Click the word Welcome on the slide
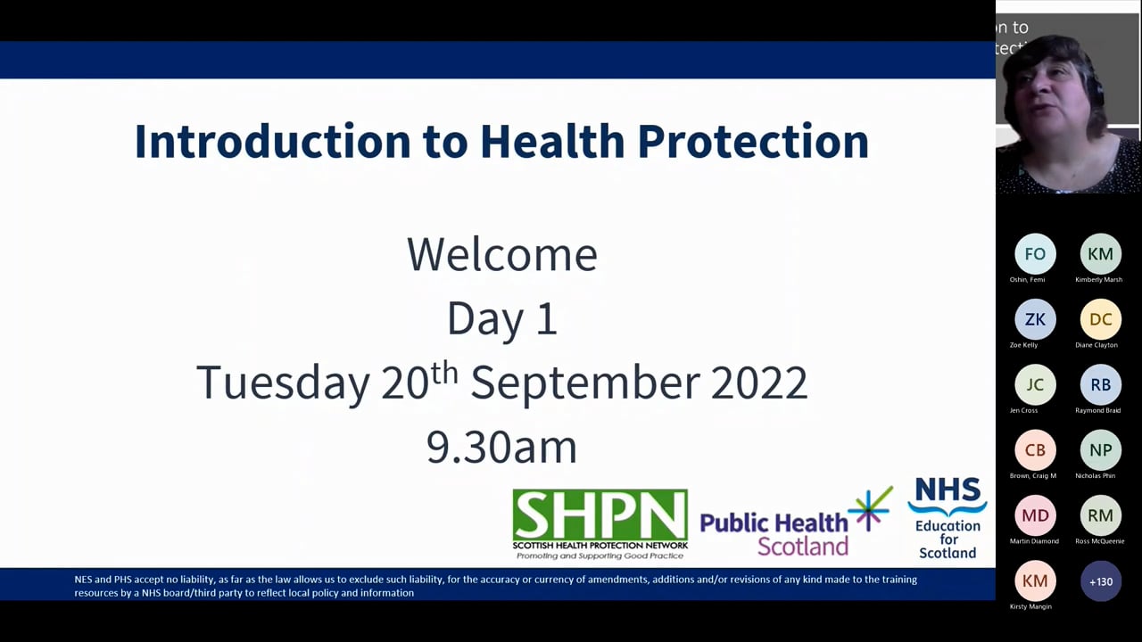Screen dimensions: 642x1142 501,255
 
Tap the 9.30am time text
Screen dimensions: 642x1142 501,447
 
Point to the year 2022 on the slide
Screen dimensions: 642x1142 758,383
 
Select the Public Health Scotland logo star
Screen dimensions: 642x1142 869,508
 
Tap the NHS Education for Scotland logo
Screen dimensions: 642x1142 947,518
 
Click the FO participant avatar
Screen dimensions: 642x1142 1035,254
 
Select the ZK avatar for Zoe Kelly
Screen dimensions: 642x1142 1035,319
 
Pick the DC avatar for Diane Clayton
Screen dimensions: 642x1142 1100,319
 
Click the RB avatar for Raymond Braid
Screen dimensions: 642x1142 1100,384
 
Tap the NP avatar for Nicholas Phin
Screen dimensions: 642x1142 1100,450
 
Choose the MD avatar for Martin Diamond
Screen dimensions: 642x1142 1035,515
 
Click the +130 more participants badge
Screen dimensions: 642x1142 1100,581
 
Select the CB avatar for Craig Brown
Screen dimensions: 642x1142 1035,450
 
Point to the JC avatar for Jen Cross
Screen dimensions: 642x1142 1035,384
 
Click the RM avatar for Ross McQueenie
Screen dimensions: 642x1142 1100,515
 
